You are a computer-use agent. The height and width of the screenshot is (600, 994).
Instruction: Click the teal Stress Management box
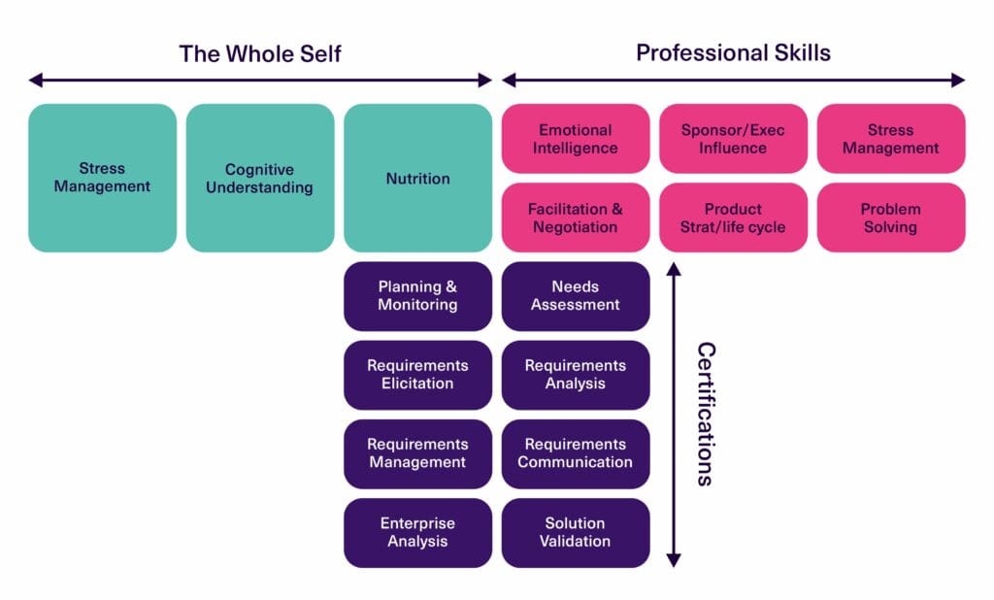(x=102, y=178)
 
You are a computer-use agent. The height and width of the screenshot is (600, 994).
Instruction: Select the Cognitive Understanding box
(x=260, y=178)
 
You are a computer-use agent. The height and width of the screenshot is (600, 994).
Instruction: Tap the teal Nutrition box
(x=417, y=178)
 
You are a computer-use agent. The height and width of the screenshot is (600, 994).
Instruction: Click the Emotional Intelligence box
(x=576, y=139)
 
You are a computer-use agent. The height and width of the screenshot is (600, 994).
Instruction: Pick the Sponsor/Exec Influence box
(x=733, y=139)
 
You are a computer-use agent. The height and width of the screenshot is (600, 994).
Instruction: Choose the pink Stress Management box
(x=891, y=139)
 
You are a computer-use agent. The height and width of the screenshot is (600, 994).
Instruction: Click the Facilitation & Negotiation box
(x=576, y=217)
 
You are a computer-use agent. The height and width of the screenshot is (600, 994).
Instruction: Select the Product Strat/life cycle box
(x=733, y=217)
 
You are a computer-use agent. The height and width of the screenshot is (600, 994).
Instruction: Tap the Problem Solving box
(x=891, y=217)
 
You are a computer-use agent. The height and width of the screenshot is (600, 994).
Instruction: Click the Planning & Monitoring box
(x=417, y=296)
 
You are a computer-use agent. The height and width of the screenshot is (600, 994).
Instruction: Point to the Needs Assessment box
(x=576, y=296)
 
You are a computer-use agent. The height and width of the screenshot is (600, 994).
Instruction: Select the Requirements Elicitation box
(x=417, y=375)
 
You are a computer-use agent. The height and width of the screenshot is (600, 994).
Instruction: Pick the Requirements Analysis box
(x=576, y=375)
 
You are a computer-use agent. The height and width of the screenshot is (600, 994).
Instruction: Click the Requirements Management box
(x=417, y=453)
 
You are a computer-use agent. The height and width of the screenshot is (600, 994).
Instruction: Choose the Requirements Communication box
(x=576, y=453)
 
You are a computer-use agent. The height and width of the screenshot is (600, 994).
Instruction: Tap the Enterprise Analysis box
(x=417, y=532)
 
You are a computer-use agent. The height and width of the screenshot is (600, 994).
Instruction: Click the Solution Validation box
(x=576, y=532)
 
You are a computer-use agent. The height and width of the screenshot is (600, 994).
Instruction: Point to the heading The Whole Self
(x=260, y=53)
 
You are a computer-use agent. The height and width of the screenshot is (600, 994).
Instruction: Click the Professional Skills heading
(x=733, y=52)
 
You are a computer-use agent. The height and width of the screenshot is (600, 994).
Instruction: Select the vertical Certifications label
(x=706, y=414)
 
